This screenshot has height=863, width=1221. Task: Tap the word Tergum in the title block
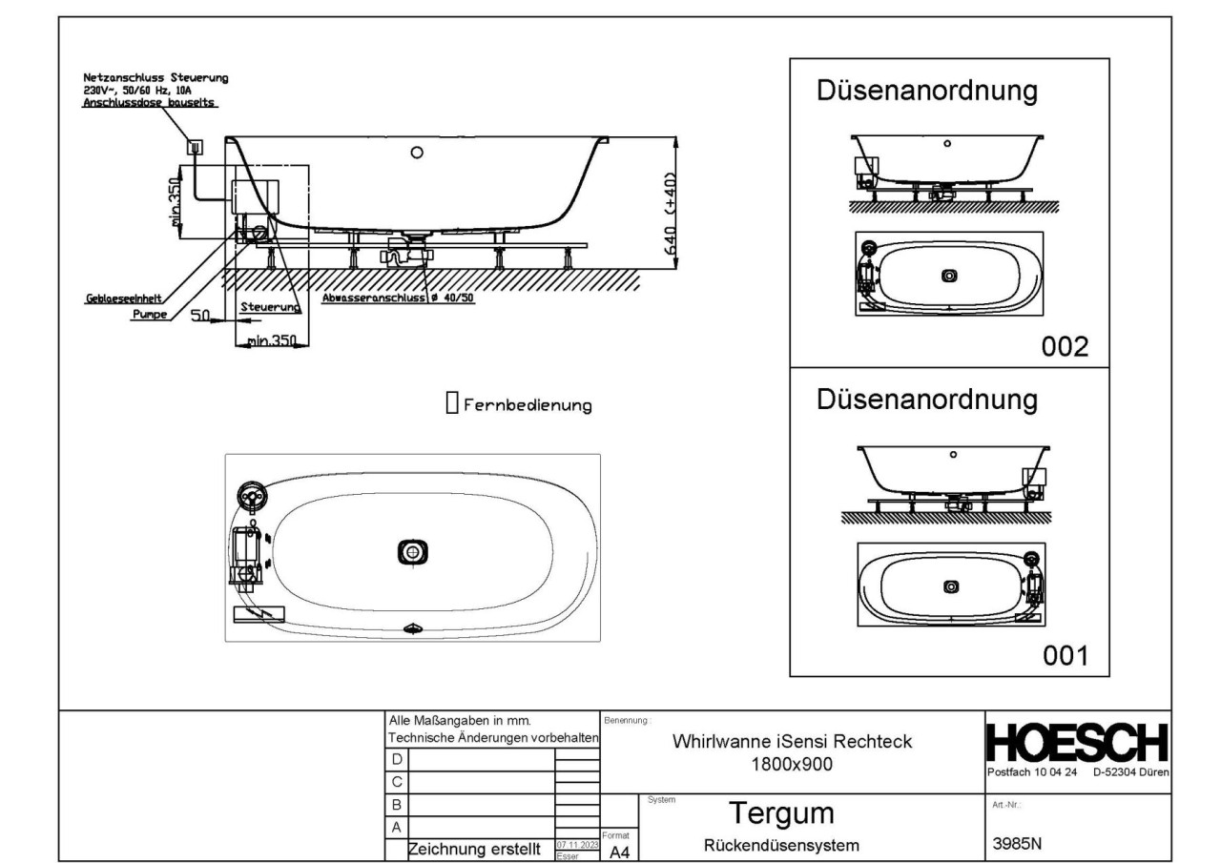(781, 813)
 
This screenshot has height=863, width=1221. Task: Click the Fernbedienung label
(528, 405)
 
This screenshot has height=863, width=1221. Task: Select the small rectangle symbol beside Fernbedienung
(452, 403)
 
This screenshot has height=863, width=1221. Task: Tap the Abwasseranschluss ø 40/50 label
(399, 297)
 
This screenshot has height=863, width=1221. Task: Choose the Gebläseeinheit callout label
(110, 298)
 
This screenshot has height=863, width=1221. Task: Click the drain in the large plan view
(412, 551)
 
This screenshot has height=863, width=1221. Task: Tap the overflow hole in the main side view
(416, 153)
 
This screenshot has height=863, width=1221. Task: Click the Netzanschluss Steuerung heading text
(154, 77)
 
